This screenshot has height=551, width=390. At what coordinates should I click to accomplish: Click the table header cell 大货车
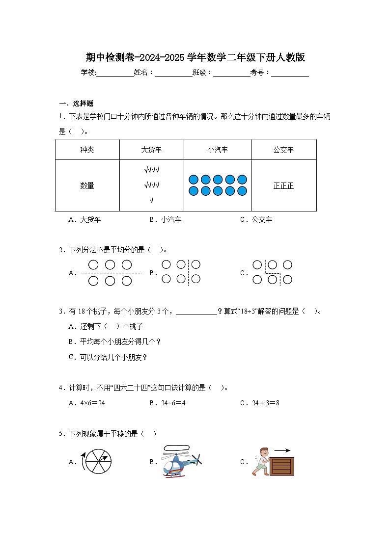coord(152,150)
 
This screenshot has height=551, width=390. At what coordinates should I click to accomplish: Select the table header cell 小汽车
coord(218,150)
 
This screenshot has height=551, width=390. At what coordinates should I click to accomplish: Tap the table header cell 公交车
coord(283,150)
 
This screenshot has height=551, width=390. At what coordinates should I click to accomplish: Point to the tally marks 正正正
coord(283,186)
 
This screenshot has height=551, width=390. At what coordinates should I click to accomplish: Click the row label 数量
coord(87,186)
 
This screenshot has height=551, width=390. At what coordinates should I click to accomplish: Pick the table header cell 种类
coord(87,150)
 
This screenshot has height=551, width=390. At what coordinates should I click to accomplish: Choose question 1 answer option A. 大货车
coord(84,220)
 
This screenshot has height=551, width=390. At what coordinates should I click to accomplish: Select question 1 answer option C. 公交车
coord(256,220)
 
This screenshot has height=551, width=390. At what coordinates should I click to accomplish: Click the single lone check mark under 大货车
coord(151,200)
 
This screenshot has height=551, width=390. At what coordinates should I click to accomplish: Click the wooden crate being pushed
coord(282,466)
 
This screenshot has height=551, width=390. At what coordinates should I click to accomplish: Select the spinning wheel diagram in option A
coord(99,462)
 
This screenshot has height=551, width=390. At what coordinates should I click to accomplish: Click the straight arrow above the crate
coord(282,449)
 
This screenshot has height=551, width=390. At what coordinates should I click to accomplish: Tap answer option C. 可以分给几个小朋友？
coord(108,357)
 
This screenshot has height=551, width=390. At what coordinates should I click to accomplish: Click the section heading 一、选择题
coord(76,104)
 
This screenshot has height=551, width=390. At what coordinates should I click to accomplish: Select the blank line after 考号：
coord(290,73)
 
